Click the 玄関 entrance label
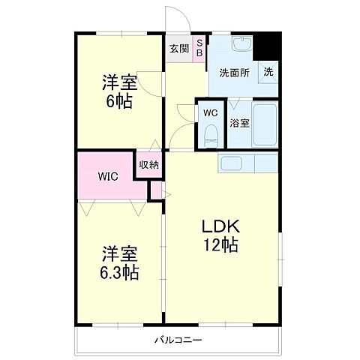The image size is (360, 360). pyautogui.click(x=179, y=49)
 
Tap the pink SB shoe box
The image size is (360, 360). pyautogui.click(x=199, y=49)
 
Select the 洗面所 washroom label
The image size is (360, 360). pyautogui.click(x=235, y=73)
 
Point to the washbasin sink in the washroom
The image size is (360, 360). pyautogui.click(x=242, y=43)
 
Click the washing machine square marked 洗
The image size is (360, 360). pyautogui.click(x=268, y=72)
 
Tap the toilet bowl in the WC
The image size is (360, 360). pyautogui.click(x=211, y=136)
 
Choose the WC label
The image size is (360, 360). pyautogui.click(x=211, y=113)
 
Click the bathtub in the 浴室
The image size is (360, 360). pyautogui.click(x=265, y=124)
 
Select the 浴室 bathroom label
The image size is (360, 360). pyautogui.click(x=239, y=123)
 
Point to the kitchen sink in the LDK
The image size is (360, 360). pyautogui.click(x=231, y=163)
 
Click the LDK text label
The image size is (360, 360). pyautogui.click(x=220, y=226)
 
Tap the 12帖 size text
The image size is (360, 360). pyautogui.click(x=220, y=244)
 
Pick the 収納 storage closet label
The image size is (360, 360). pyautogui.click(x=149, y=164)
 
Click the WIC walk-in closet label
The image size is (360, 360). pyautogui.click(x=108, y=176)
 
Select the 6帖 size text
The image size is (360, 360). pyautogui.click(x=119, y=101)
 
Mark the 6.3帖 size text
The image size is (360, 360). pyautogui.click(x=119, y=272)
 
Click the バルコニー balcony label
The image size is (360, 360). pyautogui.click(x=178, y=340)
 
